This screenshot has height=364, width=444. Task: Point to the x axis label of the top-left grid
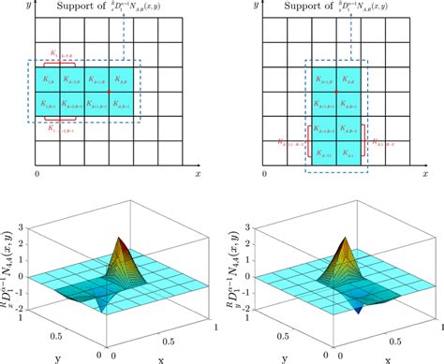(198, 174)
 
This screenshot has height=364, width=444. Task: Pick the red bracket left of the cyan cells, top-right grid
(309, 143)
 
